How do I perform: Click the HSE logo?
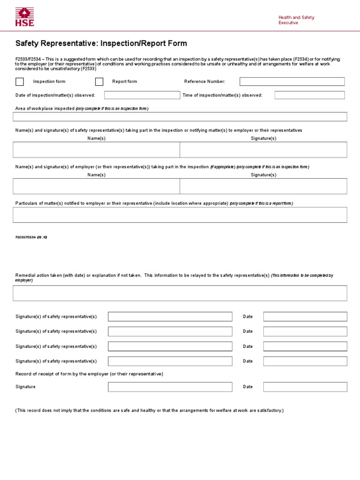pos(25,16)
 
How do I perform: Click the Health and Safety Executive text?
pos(296,20)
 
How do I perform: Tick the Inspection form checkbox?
pos(20,82)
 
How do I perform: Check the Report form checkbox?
pos(99,82)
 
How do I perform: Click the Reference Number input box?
pos(292,82)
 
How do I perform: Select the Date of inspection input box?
pos(142,95)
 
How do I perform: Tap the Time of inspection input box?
pos(309,95)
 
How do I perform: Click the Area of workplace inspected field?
pos(180,117)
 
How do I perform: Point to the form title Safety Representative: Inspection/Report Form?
pos(101,44)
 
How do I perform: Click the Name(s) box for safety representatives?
pos(97,150)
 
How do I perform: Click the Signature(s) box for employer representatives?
pos(263,186)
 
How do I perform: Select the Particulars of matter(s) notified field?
pos(180,215)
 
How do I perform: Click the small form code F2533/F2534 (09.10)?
pos(31,237)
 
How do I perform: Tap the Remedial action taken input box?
pos(180,293)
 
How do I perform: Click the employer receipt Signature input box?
pos(170,387)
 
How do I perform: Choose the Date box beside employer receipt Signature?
pos(305,387)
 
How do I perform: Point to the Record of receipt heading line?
pos(89,374)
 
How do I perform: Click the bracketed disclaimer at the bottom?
pos(150,411)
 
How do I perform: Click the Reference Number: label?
pos(204,82)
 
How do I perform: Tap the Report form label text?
pos(125,82)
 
